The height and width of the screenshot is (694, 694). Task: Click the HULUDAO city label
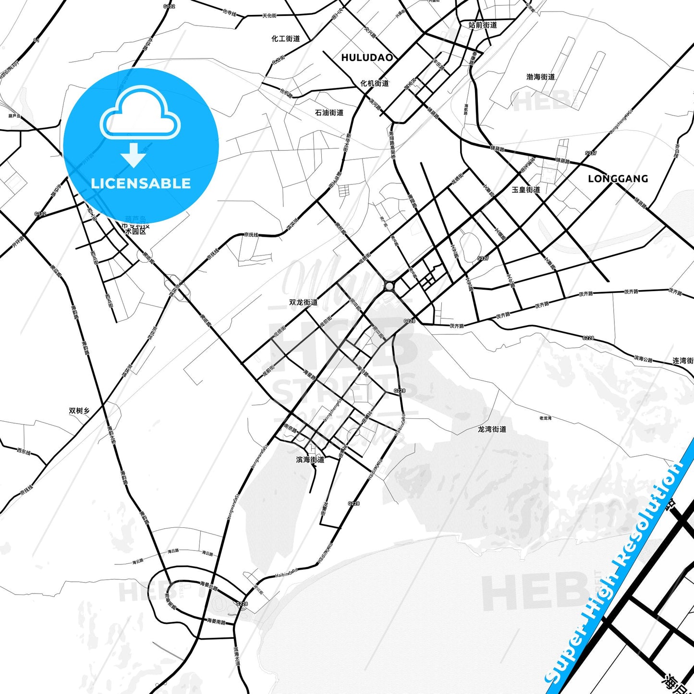pyautogui.click(x=367, y=58)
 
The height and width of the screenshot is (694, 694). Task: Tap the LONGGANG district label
pyautogui.click(x=618, y=179)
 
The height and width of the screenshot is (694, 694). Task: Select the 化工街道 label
pyautogui.click(x=286, y=38)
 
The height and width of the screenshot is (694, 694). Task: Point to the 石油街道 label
pyautogui.click(x=329, y=112)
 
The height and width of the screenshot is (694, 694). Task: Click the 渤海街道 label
pyautogui.click(x=540, y=77)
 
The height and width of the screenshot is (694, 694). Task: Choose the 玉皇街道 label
pyautogui.click(x=526, y=190)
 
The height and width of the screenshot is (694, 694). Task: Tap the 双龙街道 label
pyautogui.click(x=304, y=302)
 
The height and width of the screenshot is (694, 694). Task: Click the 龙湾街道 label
pyautogui.click(x=492, y=429)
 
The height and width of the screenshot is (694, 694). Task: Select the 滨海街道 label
pyautogui.click(x=310, y=460)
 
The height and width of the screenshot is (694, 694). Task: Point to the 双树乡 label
pyautogui.click(x=79, y=411)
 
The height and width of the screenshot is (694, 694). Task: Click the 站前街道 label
pyautogui.click(x=483, y=25)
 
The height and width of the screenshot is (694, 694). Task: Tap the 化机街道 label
pyautogui.click(x=375, y=83)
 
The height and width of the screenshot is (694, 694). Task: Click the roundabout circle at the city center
pyautogui.click(x=389, y=287)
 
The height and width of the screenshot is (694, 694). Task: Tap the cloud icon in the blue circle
pyautogui.click(x=141, y=114)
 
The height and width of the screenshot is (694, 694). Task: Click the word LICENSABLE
pyautogui.click(x=141, y=183)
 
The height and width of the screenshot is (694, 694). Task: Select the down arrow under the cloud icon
pyautogui.click(x=134, y=155)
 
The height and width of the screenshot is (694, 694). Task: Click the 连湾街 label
pyautogui.click(x=682, y=360)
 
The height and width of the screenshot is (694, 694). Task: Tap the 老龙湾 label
pyautogui.click(x=545, y=418)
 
